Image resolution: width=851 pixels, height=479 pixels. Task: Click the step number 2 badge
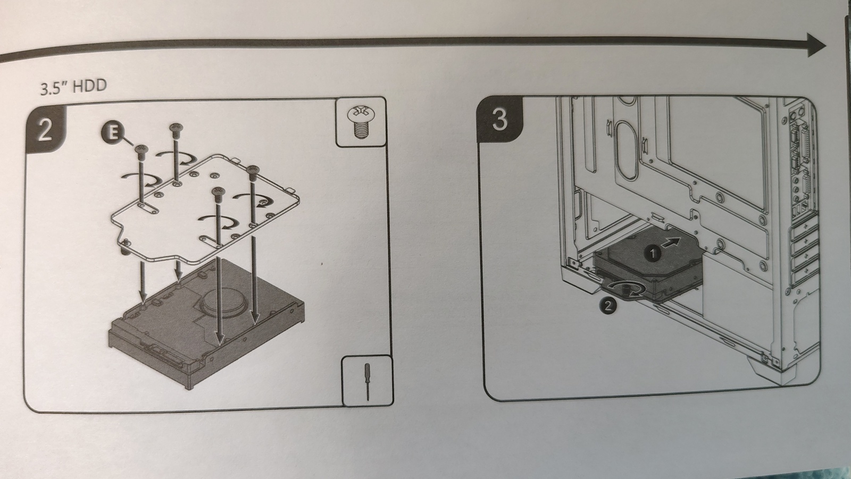point(46,130)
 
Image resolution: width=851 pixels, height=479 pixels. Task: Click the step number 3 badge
point(499,119)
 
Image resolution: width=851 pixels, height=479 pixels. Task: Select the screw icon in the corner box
point(361,122)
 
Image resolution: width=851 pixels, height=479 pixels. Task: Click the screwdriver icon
point(368,381)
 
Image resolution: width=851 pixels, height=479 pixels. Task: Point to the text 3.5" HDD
point(73,87)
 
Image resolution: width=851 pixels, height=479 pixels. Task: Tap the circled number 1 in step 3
point(653,253)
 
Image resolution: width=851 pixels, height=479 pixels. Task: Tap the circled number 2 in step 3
point(607,306)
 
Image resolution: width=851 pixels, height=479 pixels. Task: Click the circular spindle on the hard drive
point(224,300)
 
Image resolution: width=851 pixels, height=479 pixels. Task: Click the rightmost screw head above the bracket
point(252,170)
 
